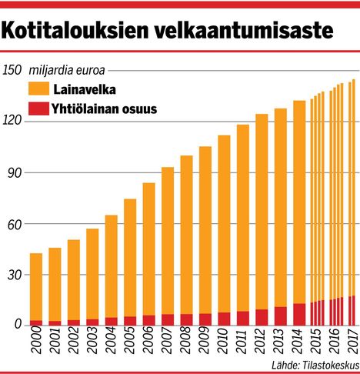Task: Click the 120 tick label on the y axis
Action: pyautogui.click(x=12, y=122)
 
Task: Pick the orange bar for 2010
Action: pyautogui.click(x=224, y=223)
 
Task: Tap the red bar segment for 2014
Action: pyautogui.click(x=299, y=314)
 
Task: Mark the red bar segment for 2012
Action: pyautogui.click(x=262, y=316)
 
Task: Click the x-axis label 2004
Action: pyautogui.click(x=112, y=342)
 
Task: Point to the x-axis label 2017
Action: pyautogui.click(x=352, y=342)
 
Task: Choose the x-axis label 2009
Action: pyautogui.click(x=205, y=342)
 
